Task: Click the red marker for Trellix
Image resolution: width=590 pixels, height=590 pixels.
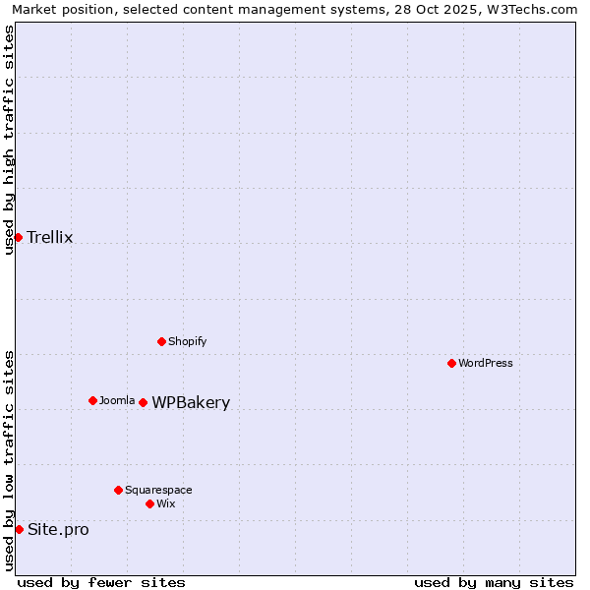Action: pyautogui.click(x=18, y=237)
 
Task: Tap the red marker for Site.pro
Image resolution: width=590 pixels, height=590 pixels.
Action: pyautogui.click(x=19, y=529)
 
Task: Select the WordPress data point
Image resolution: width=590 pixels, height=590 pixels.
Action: pyautogui.click(x=451, y=363)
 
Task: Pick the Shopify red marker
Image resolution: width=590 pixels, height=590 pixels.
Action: pyautogui.click(x=161, y=341)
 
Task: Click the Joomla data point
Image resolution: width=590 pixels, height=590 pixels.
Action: pyautogui.click(x=92, y=400)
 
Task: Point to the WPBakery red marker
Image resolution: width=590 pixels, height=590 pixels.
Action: pyautogui.click(x=143, y=402)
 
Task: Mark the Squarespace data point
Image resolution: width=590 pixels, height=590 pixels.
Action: pyautogui.click(x=118, y=490)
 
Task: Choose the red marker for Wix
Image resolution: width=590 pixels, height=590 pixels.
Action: pyautogui.click(x=149, y=503)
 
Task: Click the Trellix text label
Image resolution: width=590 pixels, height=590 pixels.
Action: pyautogui.click(x=49, y=237)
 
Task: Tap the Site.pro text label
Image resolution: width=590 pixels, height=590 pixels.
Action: pyautogui.click(x=58, y=529)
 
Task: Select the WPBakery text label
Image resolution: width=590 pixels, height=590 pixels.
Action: pyautogui.click(x=191, y=402)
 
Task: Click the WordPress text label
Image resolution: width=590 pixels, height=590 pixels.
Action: pyautogui.click(x=486, y=363)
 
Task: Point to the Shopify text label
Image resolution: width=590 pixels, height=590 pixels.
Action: pyautogui.click(x=187, y=341)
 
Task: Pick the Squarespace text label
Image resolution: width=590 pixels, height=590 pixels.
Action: pyautogui.click(x=158, y=490)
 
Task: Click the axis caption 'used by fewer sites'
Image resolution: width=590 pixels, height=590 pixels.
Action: pyautogui.click(x=101, y=582)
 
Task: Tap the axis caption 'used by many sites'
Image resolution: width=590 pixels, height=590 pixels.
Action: pyautogui.click(x=494, y=582)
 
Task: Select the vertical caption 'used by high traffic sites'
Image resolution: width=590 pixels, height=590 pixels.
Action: pyautogui.click(x=9, y=140)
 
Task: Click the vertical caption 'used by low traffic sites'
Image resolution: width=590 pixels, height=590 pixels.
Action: pyautogui.click(x=9, y=460)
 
